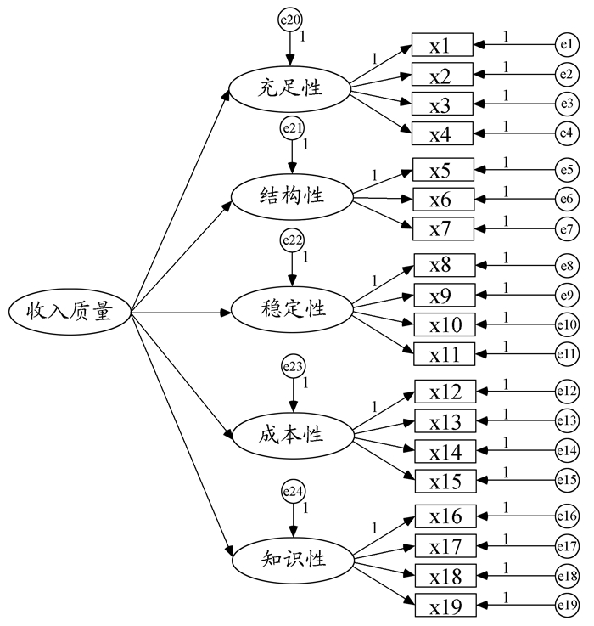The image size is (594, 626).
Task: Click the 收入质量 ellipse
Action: pos(69,313)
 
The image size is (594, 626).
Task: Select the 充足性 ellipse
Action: pos(291,87)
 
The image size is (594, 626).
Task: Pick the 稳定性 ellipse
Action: pos(291,308)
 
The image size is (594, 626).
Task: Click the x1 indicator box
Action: pos(443,44)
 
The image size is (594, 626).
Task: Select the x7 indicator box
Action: pos(444,229)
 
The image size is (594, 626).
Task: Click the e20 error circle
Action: pos(289,20)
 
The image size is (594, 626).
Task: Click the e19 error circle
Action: pos(567,606)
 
